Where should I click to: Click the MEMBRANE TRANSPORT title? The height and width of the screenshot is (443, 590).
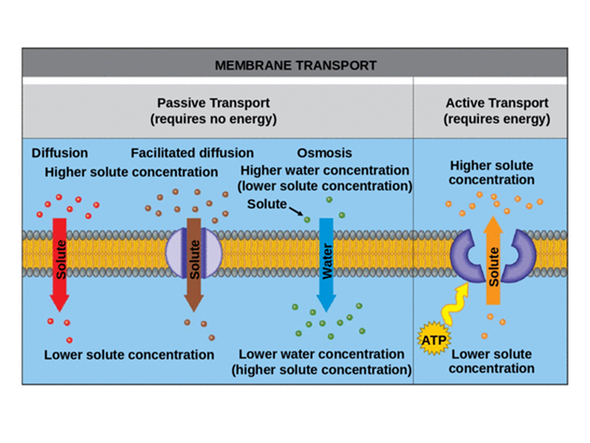pyautogui.click(x=295, y=65)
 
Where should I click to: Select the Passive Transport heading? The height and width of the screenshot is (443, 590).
pyautogui.click(x=213, y=103)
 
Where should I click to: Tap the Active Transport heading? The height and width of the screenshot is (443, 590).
pyautogui.click(x=497, y=103)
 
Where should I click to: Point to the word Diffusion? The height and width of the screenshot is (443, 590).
pyautogui.click(x=60, y=154)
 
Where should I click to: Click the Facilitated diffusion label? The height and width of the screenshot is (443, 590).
pyautogui.click(x=192, y=154)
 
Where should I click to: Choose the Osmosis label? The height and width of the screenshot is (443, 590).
pyautogui.click(x=324, y=154)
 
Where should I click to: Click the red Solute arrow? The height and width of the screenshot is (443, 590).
pyautogui.click(x=60, y=262)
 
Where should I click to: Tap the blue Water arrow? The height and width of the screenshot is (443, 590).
pyautogui.click(x=326, y=262)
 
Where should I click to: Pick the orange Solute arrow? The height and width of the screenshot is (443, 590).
pyautogui.click(x=493, y=259)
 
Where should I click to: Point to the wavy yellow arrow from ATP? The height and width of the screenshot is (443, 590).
pyautogui.click(x=458, y=305)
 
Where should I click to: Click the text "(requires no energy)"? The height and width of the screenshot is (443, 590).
pyautogui.click(x=213, y=119)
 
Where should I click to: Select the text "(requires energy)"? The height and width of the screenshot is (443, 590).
pyautogui.click(x=497, y=119)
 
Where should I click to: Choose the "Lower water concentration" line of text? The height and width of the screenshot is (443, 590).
pyautogui.click(x=321, y=355)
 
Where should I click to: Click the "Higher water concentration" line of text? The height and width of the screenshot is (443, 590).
pyautogui.click(x=324, y=171)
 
